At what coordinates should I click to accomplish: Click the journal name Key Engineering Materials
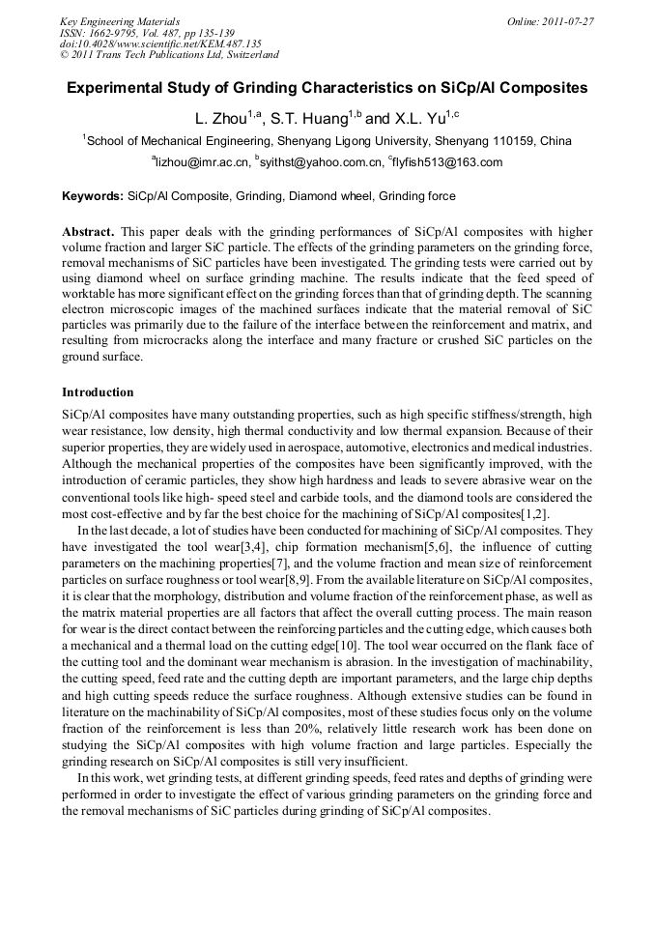coord(120,21)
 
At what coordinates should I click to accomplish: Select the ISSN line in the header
coord(146,33)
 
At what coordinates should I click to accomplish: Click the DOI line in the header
coord(160,43)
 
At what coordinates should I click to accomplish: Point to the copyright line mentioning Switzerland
coord(169,55)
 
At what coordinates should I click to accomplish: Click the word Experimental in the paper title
coord(117,88)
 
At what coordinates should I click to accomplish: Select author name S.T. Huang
coord(307,119)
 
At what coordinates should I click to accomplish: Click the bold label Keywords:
coord(93,196)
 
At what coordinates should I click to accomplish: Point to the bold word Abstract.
coord(88,234)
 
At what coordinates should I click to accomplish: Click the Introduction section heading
coord(98,393)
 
